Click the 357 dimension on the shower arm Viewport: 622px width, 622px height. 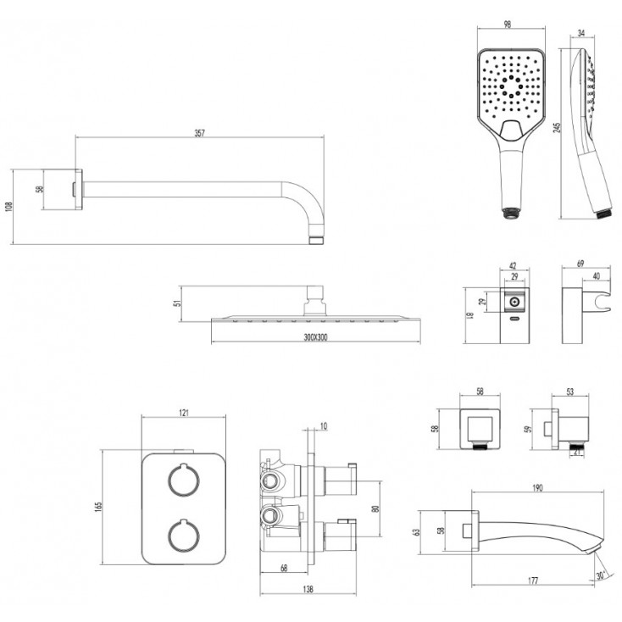[199, 133]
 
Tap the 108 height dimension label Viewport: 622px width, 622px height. [8, 207]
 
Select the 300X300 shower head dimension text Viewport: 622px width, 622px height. [316, 337]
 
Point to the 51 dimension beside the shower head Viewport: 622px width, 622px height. [178, 303]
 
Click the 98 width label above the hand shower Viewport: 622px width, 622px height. [507, 25]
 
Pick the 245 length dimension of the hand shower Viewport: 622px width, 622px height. [558, 127]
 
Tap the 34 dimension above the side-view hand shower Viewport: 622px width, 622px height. [581, 33]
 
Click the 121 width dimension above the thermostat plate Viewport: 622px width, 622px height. [183, 413]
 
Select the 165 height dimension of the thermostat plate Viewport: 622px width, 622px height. [98, 507]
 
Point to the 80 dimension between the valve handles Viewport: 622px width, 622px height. [376, 508]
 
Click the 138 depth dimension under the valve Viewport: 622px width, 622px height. [308, 589]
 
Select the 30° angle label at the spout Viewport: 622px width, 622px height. [601, 575]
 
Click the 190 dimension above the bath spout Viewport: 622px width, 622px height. [537, 488]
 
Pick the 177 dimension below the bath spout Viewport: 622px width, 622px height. [533, 581]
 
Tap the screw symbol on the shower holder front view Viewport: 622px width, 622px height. [514, 303]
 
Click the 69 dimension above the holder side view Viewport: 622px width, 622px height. [580, 264]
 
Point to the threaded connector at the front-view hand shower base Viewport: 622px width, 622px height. [511, 214]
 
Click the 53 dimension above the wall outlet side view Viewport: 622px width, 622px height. [569, 392]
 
